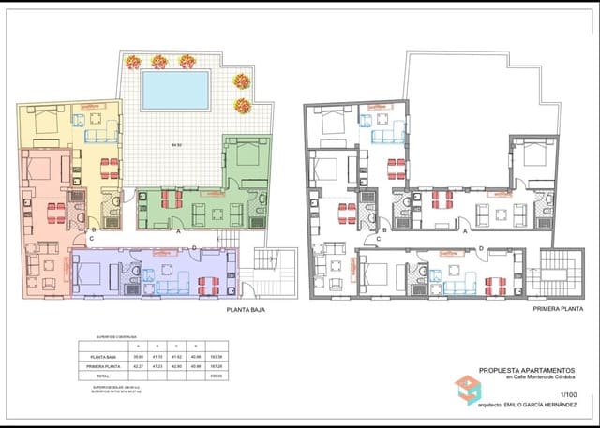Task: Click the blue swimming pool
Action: click(x=175, y=91)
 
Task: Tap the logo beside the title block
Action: click(x=466, y=389)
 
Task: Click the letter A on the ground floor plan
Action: click(x=178, y=230)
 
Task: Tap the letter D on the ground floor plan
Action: click(x=194, y=248)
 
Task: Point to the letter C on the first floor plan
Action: click(x=377, y=238)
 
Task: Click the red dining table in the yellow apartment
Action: click(x=110, y=169)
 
